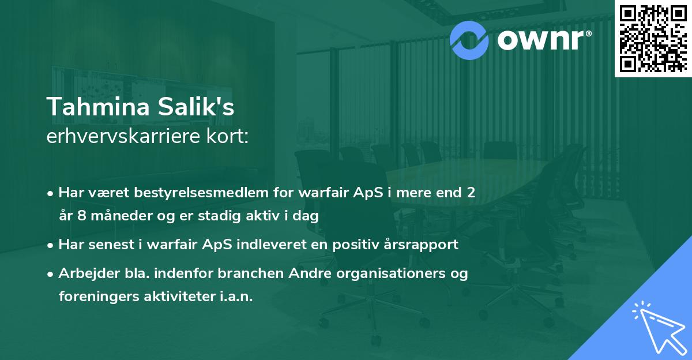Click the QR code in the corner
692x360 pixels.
coord(652,38)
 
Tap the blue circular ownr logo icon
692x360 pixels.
coord(469,39)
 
